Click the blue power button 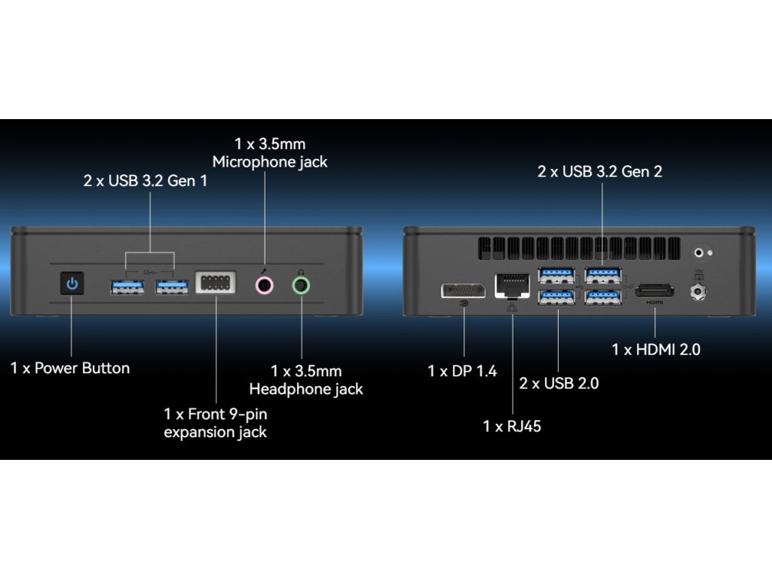(72, 284)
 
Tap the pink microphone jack (264, 285)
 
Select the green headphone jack (301, 285)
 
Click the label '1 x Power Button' (70, 368)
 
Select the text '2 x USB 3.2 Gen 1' (145, 181)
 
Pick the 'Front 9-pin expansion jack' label (216, 423)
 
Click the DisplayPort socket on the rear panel (463, 289)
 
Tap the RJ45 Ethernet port (510, 285)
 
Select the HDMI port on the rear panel (654, 289)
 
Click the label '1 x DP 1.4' (462, 371)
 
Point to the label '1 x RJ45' (512, 426)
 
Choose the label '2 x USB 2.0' (559, 383)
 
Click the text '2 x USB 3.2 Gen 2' (599, 171)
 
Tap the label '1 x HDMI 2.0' (656, 349)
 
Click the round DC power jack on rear (698, 289)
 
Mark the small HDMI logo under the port (654, 302)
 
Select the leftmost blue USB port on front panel (127, 286)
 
